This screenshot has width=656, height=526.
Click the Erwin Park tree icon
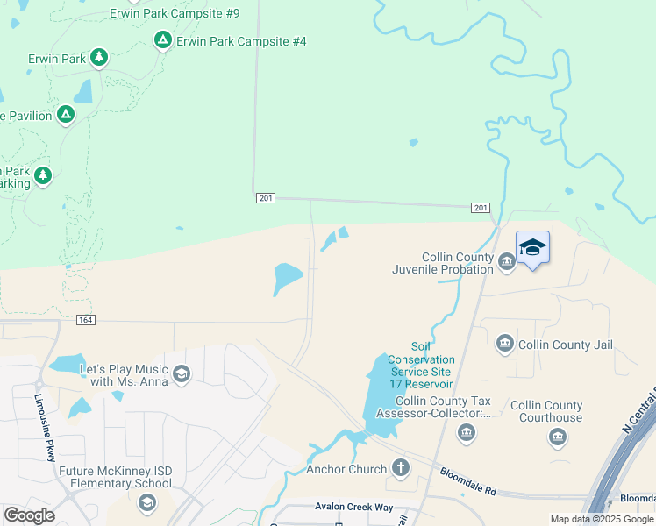99,58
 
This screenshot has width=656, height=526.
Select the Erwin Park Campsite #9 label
175,14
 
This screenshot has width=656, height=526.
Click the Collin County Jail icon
504,344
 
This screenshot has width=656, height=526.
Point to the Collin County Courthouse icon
557,436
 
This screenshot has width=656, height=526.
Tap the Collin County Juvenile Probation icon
506,262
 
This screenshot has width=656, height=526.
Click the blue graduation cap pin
532,248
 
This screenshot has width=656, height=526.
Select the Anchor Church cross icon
401,467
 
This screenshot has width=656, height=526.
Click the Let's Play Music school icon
182,375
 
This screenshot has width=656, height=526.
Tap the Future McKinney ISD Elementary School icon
146,501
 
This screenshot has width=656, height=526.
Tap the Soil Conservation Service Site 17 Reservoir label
421,366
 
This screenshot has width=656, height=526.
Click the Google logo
29,515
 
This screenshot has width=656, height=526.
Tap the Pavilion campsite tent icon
66,115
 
